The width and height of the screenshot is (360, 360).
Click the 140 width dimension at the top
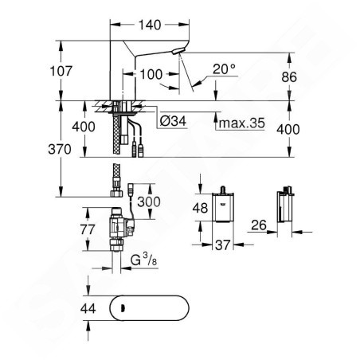(150, 25)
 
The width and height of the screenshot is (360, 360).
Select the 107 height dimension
(61, 71)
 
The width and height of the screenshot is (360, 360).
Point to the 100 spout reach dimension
(151, 74)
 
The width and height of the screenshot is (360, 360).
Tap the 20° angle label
(225, 69)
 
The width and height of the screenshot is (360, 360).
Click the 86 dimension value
(289, 77)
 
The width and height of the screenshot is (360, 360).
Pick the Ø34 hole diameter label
(173, 121)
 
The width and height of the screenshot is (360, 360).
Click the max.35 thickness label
(242, 123)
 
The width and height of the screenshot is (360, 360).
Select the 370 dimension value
(60, 149)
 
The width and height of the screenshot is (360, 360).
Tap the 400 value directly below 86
(288, 129)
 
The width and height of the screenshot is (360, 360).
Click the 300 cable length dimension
(149, 202)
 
